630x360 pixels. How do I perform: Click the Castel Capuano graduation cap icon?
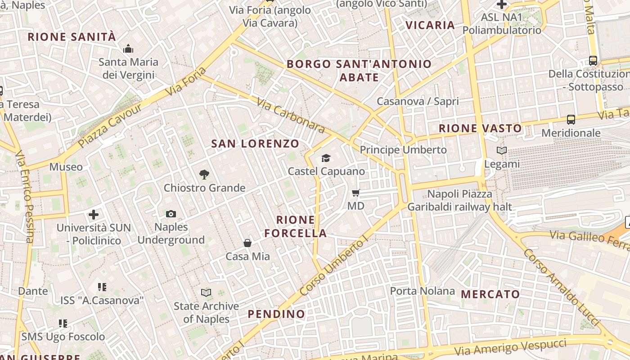pos(326,158)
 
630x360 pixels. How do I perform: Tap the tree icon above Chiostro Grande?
pos(204,174)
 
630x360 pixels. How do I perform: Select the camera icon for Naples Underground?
pos(171,214)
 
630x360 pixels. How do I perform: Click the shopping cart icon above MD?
pos(355,193)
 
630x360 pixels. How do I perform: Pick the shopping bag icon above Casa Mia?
pos(247,243)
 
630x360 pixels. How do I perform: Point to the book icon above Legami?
pos(502,150)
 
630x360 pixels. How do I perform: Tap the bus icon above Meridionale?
pos(571,120)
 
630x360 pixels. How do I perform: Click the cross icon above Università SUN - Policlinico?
pos(94,214)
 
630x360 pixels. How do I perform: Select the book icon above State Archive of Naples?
pos(206,293)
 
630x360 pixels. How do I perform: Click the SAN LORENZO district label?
pos(255,144)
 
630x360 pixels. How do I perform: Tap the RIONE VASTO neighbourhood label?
pos(480,128)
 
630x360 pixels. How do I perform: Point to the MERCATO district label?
pos(490,294)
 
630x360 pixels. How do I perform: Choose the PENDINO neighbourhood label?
pos(276,314)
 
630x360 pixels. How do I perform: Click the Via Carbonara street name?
pos(291,116)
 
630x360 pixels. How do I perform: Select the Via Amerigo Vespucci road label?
pos(510,348)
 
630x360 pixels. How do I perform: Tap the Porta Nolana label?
pos(422,291)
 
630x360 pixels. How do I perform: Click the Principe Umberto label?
pos(403,150)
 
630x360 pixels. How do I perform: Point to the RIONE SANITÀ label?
pos(72,37)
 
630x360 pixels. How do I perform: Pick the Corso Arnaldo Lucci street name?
pos(561,286)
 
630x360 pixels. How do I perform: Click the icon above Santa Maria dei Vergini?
pos(128,49)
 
